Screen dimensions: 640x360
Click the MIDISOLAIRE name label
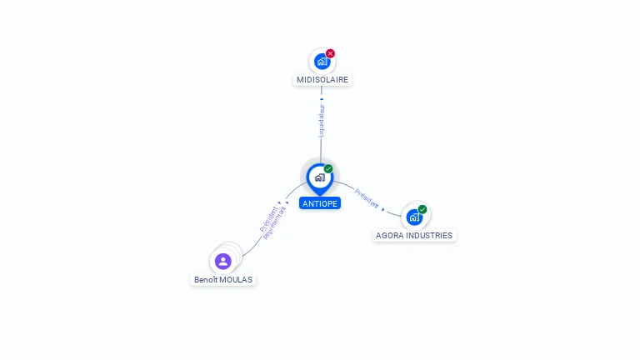[x=322, y=80]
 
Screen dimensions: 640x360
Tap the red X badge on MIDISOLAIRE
[x=330, y=53]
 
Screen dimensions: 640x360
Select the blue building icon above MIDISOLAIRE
[x=322, y=62]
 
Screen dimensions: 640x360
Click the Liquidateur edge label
[x=322, y=120]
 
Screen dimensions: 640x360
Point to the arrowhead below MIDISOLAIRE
[x=322, y=99]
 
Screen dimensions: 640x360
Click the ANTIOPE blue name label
[x=320, y=203]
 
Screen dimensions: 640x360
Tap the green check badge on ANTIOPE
[x=328, y=168]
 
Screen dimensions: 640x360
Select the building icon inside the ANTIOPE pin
[x=320, y=177]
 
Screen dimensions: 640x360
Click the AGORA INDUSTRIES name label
[x=414, y=236]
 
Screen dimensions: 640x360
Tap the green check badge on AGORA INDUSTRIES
[x=422, y=209]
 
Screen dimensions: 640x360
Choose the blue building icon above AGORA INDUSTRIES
[x=414, y=217]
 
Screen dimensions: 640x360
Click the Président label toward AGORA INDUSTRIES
[x=367, y=199]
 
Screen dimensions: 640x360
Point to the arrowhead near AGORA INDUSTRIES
[x=382, y=209]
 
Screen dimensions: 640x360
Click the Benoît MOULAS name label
[x=223, y=280]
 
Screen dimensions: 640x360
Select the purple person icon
[x=222, y=261]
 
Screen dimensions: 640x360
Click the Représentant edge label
[x=274, y=223]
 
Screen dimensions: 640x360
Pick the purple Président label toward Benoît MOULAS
[x=268, y=219]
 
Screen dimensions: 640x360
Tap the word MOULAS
[x=237, y=280]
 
